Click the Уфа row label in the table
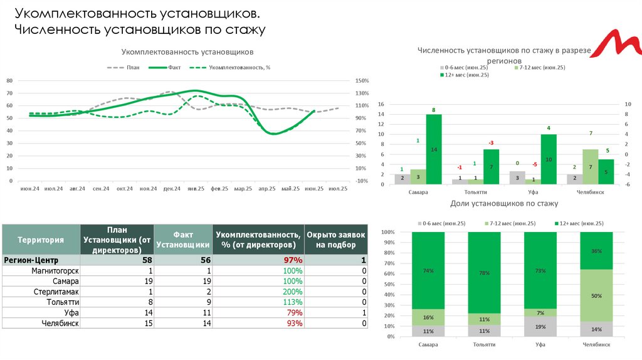[x=71, y=312]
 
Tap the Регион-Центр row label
[x=31, y=260]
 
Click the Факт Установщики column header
[x=182, y=240]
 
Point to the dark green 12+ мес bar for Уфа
[x=548, y=159]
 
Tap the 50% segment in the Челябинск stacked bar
[x=596, y=295]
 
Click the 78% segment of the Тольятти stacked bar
[x=483, y=273]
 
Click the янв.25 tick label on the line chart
[x=196, y=188]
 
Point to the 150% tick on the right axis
[x=362, y=81]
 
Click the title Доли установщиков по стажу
[x=504, y=204]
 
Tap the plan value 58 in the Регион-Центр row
[x=147, y=260]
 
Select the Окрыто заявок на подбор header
[x=336, y=240]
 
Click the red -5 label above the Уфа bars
[x=535, y=164]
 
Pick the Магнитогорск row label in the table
[x=55, y=270]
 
